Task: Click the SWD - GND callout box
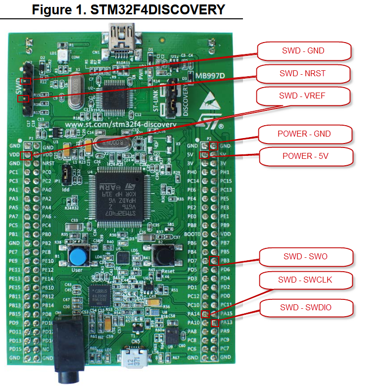pyautogui.click(x=304, y=50)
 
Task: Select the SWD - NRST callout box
pyautogui.click(x=304, y=73)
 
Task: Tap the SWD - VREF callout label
pyautogui.click(x=304, y=96)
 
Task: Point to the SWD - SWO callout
pyautogui.click(x=305, y=256)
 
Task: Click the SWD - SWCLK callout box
pyautogui.click(x=305, y=280)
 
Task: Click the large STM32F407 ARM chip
pyautogui.click(x=121, y=191)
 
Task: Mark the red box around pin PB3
pyautogui.click(x=214, y=261)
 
